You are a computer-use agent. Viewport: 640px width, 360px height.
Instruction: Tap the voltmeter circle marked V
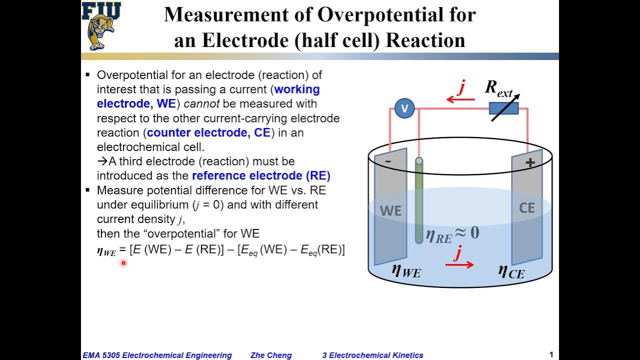[x=404, y=108]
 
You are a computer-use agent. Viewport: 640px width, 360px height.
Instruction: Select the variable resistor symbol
[x=503, y=108]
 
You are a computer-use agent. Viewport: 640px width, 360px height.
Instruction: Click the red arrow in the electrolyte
[x=459, y=264]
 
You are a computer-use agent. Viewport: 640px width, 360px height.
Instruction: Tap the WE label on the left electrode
[x=390, y=211]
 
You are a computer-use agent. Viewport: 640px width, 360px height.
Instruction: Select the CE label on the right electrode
[x=527, y=207]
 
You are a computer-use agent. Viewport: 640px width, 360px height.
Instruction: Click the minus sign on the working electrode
[x=388, y=161]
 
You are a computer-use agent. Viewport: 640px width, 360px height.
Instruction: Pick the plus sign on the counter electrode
[x=530, y=162]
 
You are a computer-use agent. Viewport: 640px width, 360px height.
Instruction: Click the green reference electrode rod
[x=419, y=200]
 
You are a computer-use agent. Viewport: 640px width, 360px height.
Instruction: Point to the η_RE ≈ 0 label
[x=452, y=233]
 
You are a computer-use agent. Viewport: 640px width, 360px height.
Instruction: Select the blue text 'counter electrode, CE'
[x=208, y=132]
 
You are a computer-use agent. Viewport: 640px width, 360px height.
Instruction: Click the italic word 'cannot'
[x=202, y=103]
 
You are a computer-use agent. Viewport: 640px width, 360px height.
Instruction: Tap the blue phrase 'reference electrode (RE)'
[x=261, y=175]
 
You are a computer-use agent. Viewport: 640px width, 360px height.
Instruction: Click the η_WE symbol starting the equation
[x=106, y=251]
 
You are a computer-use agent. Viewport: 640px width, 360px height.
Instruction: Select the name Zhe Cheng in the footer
[x=271, y=355]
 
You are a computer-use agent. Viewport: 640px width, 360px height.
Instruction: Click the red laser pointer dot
[x=123, y=262]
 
